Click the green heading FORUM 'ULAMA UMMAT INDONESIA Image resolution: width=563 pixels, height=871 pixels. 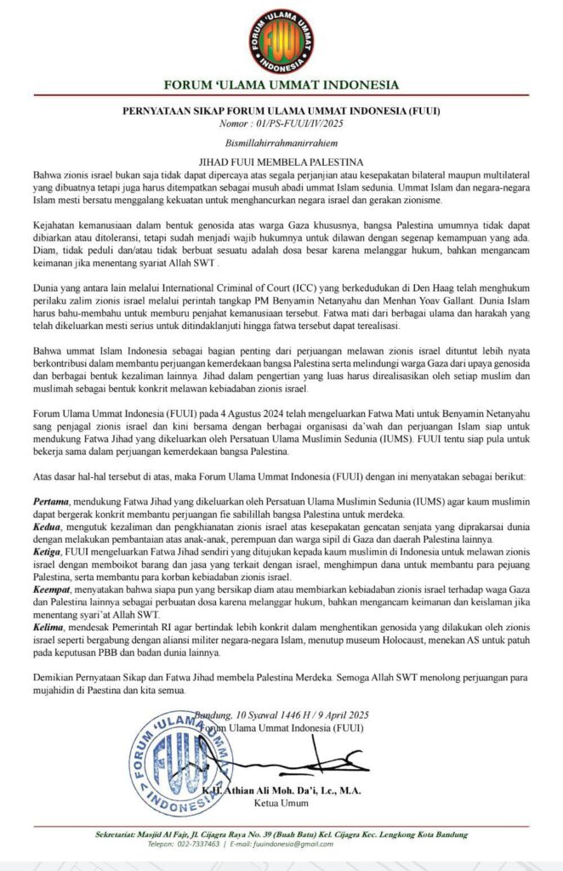coord(281,84)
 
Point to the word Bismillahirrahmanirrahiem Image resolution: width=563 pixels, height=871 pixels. coord(281,142)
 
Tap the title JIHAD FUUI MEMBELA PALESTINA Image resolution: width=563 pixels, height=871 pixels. coord(281,160)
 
